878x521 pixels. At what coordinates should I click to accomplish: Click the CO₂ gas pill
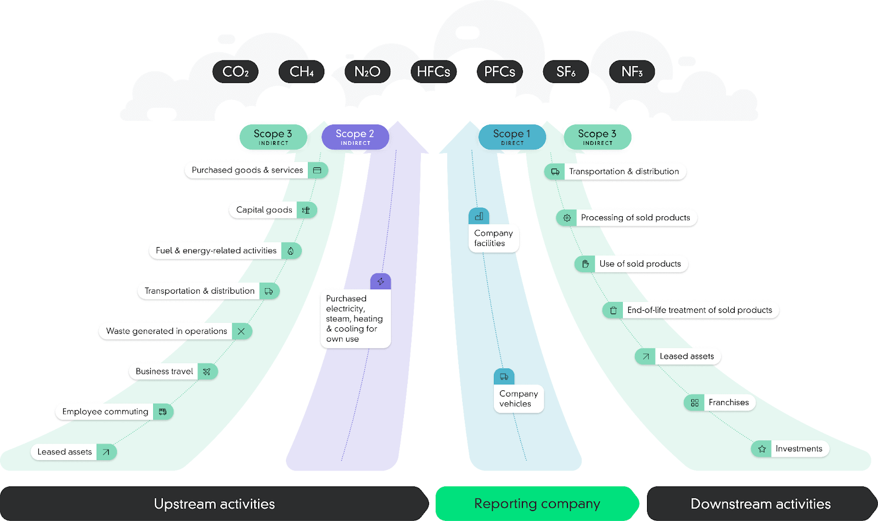(235, 72)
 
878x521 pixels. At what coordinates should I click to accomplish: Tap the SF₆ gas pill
(566, 72)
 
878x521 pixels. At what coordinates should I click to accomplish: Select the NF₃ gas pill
(632, 72)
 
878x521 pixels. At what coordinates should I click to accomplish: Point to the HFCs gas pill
(434, 72)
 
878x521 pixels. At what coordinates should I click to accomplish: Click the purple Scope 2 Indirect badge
(355, 137)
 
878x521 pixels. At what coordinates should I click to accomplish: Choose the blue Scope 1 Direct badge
(512, 137)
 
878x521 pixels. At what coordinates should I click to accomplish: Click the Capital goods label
(264, 210)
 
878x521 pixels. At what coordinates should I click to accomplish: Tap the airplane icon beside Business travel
(207, 372)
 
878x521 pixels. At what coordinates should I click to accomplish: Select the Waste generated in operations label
(166, 332)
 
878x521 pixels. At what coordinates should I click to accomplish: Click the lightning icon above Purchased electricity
(380, 282)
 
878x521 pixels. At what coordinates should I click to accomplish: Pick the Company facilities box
(493, 238)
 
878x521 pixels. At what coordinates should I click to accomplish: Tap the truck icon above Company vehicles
(504, 377)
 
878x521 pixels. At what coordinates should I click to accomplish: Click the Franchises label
(728, 402)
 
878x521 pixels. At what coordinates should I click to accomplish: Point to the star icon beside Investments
(762, 449)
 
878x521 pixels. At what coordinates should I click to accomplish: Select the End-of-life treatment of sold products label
(699, 310)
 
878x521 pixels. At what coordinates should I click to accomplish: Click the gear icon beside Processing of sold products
(567, 218)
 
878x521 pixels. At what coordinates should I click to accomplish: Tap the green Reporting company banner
(537, 503)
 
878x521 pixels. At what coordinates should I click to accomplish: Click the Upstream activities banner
(214, 503)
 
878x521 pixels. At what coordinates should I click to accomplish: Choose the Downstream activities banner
(760, 503)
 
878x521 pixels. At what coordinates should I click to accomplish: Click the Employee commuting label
(105, 412)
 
